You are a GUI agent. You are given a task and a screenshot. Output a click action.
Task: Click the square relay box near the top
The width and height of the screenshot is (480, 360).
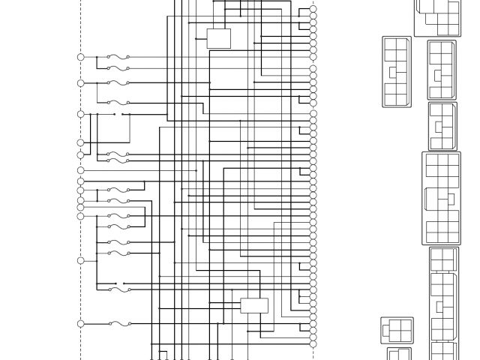point(218,38)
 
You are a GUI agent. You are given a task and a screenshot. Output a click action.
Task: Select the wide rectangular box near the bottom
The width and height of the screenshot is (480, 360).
point(254,305)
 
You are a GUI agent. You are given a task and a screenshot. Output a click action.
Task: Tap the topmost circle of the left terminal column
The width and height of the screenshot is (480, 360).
point(81,57)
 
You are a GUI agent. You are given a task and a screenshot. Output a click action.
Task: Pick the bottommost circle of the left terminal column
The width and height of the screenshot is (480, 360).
point(81,324)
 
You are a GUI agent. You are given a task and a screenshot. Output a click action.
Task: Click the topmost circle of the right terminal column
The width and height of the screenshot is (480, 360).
point(313,9)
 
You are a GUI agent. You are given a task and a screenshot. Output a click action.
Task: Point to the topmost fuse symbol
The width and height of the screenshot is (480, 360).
point(118,57)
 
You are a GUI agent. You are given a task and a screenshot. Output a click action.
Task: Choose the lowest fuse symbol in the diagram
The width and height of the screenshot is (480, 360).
point(119,324)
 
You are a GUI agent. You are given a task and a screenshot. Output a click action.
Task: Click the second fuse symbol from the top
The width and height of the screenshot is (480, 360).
point(118,69)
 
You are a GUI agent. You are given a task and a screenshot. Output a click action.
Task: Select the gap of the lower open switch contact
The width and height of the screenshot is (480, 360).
point(119,283)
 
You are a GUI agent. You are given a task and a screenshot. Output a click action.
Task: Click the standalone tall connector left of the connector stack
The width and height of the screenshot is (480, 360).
point(397,72)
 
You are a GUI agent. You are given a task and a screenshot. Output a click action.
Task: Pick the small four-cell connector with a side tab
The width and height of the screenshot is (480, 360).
point(397,328)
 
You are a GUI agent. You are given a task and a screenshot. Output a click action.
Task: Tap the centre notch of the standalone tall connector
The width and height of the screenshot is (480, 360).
point(392,72)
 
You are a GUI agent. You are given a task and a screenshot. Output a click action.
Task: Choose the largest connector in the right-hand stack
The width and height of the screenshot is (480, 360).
point(441,198)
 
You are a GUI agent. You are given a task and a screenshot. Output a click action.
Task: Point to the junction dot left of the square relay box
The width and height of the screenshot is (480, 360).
point(196,38)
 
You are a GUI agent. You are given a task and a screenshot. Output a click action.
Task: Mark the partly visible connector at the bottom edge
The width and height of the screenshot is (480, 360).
point(399,353)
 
